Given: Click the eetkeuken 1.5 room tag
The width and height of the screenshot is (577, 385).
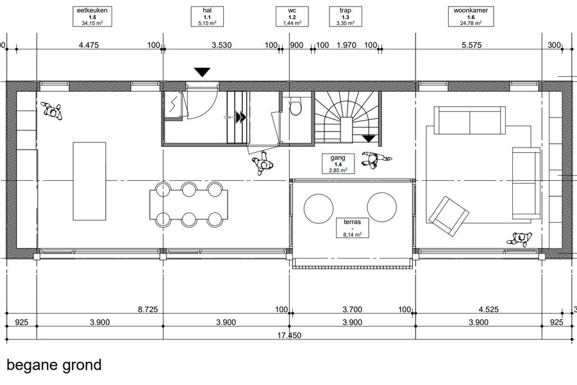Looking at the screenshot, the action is [92, 17].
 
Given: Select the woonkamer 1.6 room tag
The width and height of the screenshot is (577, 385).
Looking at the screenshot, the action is [471, 17].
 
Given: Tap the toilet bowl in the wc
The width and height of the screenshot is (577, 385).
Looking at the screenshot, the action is [296, 107].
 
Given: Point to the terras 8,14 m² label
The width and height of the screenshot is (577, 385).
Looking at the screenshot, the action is [352, 228].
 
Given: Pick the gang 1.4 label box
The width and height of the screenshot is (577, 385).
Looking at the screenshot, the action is [338, 164].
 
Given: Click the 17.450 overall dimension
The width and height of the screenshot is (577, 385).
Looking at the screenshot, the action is [289, 335].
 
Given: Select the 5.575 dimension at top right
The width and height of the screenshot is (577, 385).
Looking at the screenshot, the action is [471, 45].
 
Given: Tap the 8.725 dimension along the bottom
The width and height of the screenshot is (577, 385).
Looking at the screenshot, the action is [148, 309].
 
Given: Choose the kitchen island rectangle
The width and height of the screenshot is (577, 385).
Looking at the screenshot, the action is [89, 181].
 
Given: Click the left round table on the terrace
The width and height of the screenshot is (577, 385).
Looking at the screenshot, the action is [319, 208].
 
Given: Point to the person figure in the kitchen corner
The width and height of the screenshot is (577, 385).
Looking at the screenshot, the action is [52, 111].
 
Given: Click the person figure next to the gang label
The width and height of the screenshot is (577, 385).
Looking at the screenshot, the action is [375, 160].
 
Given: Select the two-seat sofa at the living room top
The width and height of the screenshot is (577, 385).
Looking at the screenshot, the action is [470, 121].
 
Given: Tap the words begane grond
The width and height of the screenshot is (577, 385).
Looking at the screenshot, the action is [54, 365].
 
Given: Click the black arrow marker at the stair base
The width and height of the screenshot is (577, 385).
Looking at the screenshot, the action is [369, 139].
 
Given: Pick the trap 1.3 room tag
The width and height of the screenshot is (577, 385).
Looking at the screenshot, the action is [345, 17].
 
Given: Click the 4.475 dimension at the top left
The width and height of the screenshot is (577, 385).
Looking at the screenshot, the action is [89, 45].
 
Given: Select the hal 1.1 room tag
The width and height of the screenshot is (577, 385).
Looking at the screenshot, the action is [207, 17].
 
